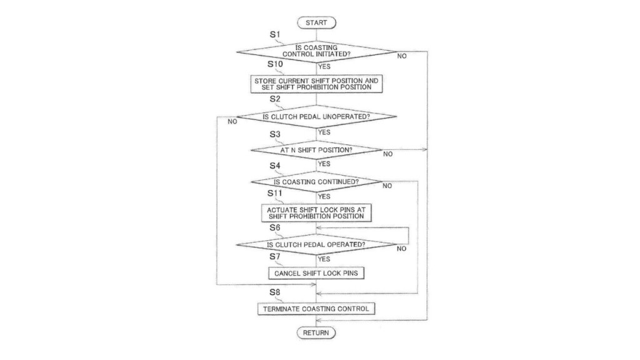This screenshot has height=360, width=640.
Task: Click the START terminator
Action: (x=316, y=23)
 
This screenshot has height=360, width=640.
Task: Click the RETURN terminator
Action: (x=316, y=333)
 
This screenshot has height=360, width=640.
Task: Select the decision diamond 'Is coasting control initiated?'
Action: (x=316, y=51)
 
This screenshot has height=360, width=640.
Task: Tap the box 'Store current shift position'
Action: (x=316, y=84)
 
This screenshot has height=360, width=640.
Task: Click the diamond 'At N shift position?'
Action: (x=316, y=150)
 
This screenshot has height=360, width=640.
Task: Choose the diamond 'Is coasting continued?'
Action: (x=316, y=182)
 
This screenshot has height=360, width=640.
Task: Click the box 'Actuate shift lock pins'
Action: (x=316, y=212)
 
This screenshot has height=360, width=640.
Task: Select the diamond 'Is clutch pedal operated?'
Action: (x=316, y=244)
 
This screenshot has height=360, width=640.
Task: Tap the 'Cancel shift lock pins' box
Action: (x=316, y=273)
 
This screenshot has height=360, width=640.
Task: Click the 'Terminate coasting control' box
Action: (x=316, y=309)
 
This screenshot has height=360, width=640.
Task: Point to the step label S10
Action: (x=276, y=64)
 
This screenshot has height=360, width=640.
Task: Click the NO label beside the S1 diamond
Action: (x=402, y=56)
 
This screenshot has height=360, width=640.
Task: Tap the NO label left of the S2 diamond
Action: (x=232, y=122)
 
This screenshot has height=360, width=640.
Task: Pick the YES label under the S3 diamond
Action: (x=324, y=164)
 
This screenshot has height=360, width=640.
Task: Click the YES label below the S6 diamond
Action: (x=324, y=259)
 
